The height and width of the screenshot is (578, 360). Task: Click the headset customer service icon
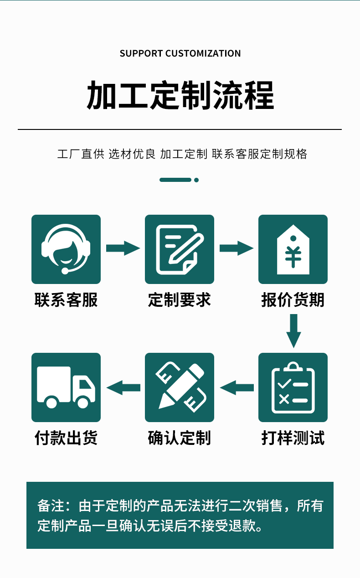pos(66,249)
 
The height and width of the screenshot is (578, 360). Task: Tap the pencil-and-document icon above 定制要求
pos(180,249)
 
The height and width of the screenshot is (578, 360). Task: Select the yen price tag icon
pos(293,249)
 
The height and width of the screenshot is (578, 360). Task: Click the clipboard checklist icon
pos(293,387)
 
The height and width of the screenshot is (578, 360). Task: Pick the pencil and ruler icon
pos(180,387)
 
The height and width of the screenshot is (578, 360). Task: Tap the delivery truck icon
pos(66,387)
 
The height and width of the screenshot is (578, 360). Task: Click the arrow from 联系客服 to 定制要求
pos(123,248)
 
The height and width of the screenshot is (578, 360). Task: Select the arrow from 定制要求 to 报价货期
pos(236,248)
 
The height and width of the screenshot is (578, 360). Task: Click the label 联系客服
pos(66,300)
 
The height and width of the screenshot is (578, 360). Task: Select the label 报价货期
pos(293,300)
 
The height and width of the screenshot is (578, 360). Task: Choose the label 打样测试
pos(293,438)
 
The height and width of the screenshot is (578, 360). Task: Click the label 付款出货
pos(66,438)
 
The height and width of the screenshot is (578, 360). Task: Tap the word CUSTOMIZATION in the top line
pos(203,53)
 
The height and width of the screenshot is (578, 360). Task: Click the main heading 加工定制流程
pos(180,95)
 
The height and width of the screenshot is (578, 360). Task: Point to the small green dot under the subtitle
pos(196,180)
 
